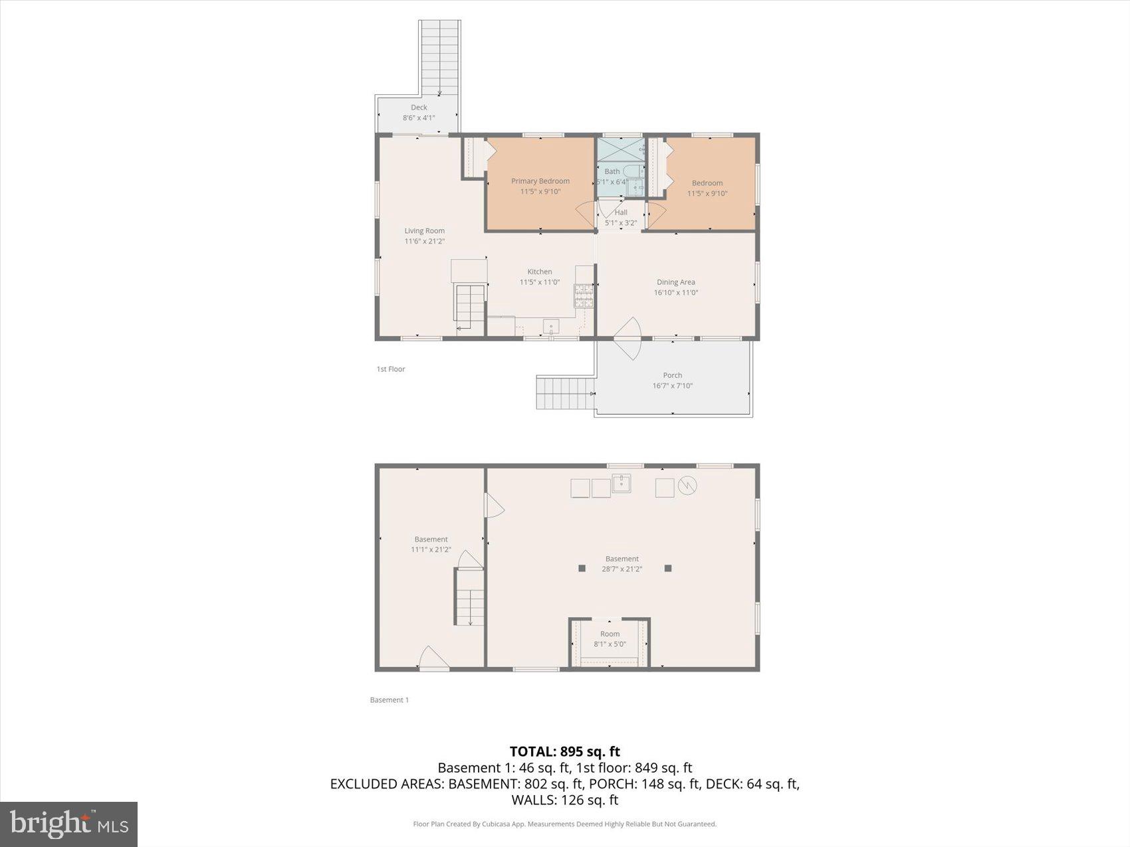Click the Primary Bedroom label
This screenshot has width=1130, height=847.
540,181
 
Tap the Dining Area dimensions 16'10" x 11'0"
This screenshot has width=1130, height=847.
675,292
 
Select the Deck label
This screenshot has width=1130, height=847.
419,107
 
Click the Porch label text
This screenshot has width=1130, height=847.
672,375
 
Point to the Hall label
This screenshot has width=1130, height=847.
621,213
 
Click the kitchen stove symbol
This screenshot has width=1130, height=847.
584,295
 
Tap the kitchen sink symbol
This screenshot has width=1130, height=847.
551,326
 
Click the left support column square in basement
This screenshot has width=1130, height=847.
582,568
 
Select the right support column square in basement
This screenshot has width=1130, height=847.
668,568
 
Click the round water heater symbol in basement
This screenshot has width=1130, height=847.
687,486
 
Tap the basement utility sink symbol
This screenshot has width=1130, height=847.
621,483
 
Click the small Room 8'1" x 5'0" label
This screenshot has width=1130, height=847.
610,634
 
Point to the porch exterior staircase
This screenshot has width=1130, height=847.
565,393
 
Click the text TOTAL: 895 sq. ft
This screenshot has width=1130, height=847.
564,751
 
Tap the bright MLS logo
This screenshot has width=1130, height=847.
69,824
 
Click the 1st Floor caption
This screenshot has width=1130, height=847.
391,369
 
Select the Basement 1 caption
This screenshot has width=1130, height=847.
390,700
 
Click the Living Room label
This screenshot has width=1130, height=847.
424,231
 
